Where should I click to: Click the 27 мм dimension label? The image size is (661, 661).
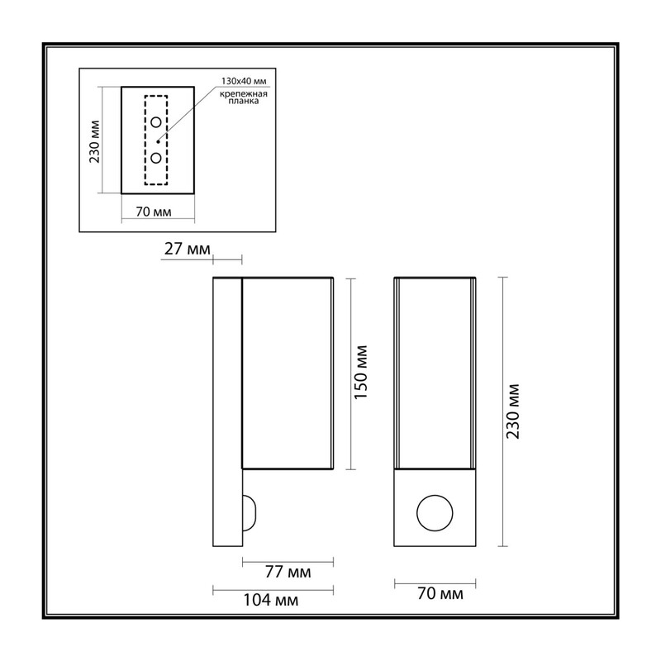pos(188,249)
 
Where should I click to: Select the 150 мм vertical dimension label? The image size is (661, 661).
pos(361,373)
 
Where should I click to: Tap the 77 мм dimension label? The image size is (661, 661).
pos(288,572)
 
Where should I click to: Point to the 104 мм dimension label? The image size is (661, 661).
pos(271,600)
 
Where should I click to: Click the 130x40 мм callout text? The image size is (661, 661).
pos(244,81)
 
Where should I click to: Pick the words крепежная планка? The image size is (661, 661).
pos(244,97)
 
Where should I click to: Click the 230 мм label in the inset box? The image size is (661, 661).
pos(94,141)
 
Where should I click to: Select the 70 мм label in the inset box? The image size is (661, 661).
pos(154,212)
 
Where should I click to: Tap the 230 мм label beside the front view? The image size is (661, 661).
pos(513,411)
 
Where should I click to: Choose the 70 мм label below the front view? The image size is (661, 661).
pos(440,593)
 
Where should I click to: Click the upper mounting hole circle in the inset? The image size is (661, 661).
pos(156,122)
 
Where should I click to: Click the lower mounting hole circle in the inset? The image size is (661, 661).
pos(156,158)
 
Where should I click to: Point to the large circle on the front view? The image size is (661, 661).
pos(435,495)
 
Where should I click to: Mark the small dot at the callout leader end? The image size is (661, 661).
pos(158,141)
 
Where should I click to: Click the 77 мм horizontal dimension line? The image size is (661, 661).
pos(288,562)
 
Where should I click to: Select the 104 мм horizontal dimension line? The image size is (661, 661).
pos(273,590)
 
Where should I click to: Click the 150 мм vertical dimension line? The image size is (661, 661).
pos(350,373)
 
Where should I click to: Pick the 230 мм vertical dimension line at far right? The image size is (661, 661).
pos(502,411)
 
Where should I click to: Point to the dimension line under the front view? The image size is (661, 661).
pos(435,584)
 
